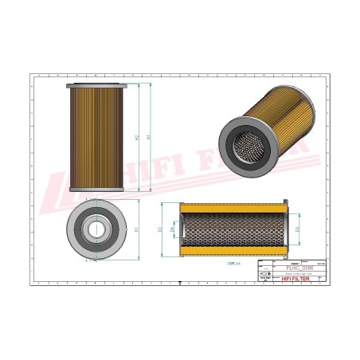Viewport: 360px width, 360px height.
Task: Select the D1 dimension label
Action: (x=139, y=229)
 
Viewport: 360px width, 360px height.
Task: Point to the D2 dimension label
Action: (x=161, y=229)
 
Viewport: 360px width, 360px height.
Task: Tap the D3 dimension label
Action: (x=297, y=229)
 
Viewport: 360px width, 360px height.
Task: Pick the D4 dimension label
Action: (x=173, y=229)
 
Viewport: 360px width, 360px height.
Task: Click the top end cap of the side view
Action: (x=97, y=85)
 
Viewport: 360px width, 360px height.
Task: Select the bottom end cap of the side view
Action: (x=97, y=189)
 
